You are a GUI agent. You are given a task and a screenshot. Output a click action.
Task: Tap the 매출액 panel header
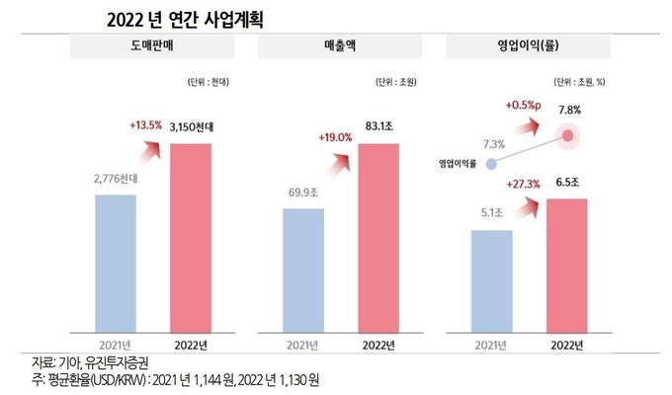pos(340,46)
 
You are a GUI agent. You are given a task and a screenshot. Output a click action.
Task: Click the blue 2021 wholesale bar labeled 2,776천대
pos(117,262)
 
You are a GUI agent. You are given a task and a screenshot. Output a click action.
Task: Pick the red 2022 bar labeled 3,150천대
pos(192,237)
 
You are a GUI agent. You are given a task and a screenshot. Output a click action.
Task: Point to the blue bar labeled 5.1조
pos(490,280)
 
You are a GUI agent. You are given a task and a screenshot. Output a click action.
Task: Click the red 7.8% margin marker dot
pos(567,136)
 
